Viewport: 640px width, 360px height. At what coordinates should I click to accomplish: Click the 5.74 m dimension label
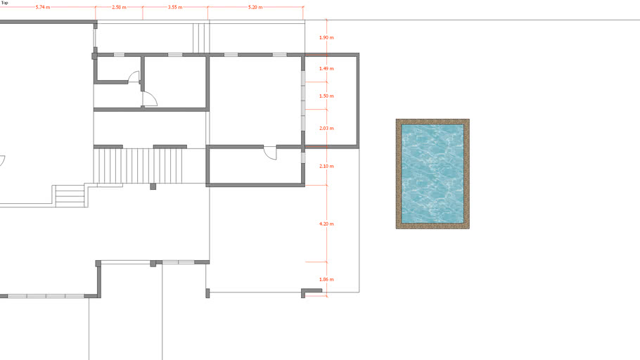[x=43, y=7]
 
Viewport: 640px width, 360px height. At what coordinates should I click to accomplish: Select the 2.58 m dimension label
[x=119, y=7]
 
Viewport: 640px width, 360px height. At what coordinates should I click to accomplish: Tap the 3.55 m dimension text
[x=175, y=7]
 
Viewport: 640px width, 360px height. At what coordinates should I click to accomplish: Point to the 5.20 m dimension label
[x=255, y=7]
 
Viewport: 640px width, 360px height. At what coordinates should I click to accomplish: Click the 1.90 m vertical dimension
[x=326, y=37]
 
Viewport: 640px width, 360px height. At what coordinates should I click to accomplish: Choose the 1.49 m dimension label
[x=326, y=69]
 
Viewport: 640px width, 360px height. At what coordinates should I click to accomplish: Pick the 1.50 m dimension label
[x=326, y=96]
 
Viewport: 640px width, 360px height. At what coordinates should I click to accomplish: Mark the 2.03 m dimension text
[x=326, y=128]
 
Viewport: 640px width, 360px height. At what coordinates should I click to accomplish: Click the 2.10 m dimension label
[x=326, y=166]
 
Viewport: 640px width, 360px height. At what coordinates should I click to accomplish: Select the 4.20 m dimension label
[x=326, y=224]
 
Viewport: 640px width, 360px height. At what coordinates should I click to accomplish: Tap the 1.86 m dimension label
[x=326, y=280]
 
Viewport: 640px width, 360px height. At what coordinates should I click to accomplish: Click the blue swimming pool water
[x=433, y=174]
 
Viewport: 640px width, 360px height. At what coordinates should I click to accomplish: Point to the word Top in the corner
[x=4, y=3]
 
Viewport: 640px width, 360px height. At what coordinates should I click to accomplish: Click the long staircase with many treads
[x=139, y=166]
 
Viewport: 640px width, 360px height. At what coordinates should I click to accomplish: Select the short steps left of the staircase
[x=70, y=196]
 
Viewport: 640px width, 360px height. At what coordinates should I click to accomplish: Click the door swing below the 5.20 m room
[x=270, y=153]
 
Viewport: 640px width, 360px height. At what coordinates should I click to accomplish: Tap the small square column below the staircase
[x=153, y=186]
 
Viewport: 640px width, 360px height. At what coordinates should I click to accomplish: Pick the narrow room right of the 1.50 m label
[x=331, y=101]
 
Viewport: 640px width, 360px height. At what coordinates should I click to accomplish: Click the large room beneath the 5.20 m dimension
[x=255, y=101]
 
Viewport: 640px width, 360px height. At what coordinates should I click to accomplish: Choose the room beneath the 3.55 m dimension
[x=175, y=82]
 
